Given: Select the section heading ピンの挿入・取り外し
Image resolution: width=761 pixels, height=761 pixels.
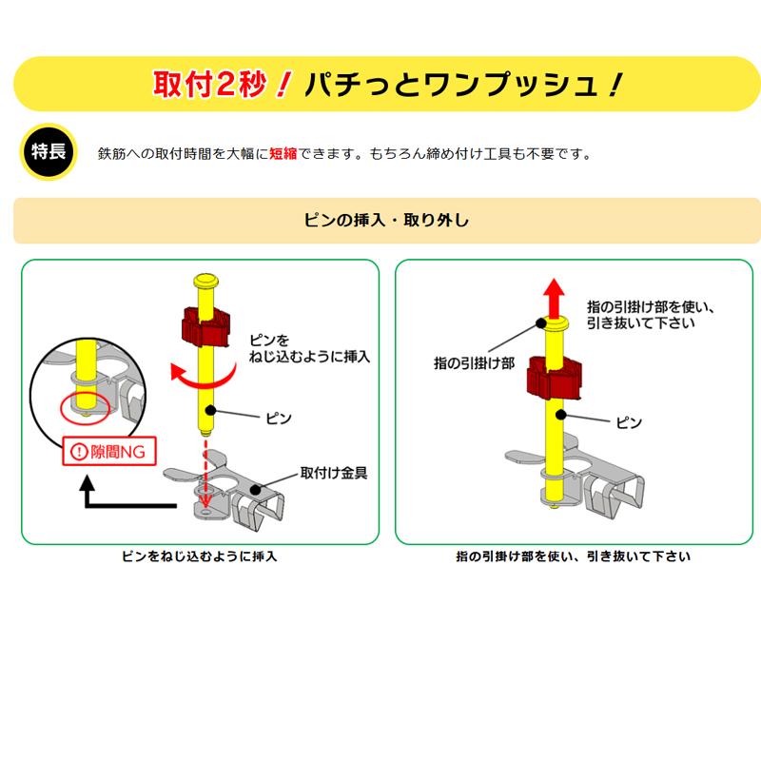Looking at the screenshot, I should click(x=386, y=220).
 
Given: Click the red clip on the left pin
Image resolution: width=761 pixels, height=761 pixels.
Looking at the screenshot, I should click(x=206, y=326).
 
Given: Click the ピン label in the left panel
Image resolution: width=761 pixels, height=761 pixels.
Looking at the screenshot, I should click(x=280, y=418).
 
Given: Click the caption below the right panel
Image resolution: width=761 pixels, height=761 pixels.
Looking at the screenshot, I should click(x=573, y=556).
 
